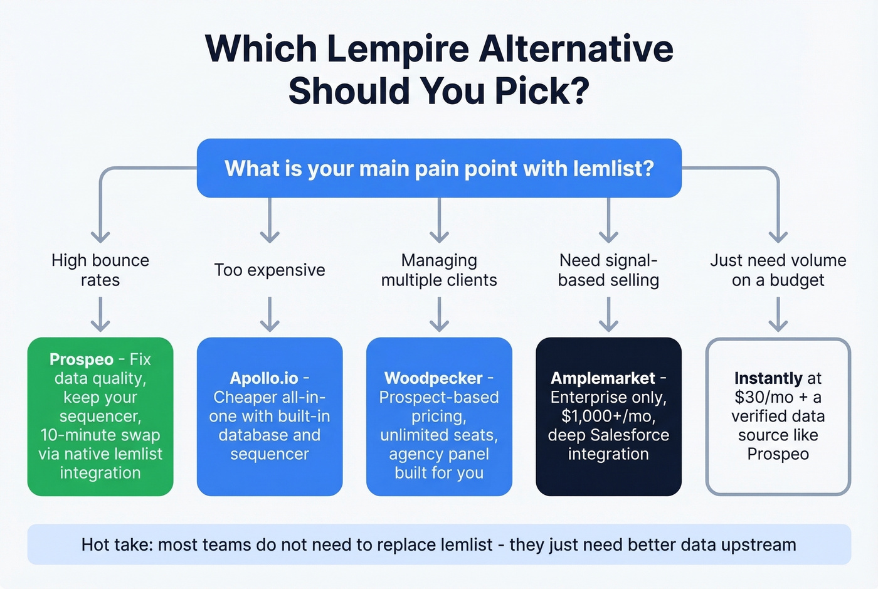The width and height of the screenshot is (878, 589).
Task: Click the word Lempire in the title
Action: [398, 50]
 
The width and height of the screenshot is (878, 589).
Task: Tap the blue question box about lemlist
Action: [439, 168]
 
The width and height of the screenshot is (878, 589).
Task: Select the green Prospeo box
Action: [100, 417]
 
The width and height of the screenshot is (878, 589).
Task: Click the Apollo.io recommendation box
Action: [270, 417]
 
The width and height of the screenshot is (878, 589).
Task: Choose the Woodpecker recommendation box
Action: [439, 417]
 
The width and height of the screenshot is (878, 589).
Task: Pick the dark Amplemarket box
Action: [608, 417]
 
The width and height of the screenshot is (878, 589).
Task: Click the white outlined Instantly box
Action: [778, 417]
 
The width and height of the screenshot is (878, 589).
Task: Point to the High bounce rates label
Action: [100, 270]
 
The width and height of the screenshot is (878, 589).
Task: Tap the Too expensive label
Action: [270, 270]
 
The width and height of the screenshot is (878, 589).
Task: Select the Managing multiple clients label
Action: [439, 270]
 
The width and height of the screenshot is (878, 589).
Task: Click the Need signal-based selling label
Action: [608, 270]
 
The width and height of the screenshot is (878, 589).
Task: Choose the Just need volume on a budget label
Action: [778, 270]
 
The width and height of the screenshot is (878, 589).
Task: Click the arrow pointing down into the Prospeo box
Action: [100, 314]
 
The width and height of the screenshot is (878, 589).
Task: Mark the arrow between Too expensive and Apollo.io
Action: [270, 314]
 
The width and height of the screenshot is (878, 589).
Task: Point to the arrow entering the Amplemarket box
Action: [608, 314]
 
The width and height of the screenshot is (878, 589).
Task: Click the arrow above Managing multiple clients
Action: [439, 221]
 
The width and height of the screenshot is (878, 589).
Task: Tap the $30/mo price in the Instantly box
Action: [755, 398]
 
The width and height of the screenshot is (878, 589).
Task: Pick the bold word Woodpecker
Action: [433, 378]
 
